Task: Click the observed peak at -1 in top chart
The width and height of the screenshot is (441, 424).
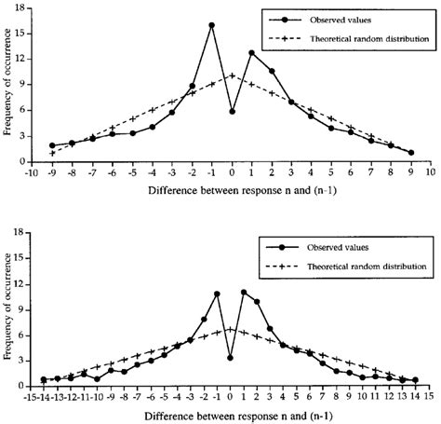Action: pos(212,25)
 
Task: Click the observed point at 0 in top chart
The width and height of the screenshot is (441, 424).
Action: pos(232,111)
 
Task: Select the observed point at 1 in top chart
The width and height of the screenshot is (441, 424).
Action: pos(252,53)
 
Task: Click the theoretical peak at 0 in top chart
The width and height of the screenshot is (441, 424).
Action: pos(232,75)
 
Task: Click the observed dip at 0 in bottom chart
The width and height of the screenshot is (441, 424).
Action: pos(230,357)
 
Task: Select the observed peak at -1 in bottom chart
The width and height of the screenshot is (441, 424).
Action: pos(217,294)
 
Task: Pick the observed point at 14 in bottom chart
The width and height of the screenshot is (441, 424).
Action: pos(415,380)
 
